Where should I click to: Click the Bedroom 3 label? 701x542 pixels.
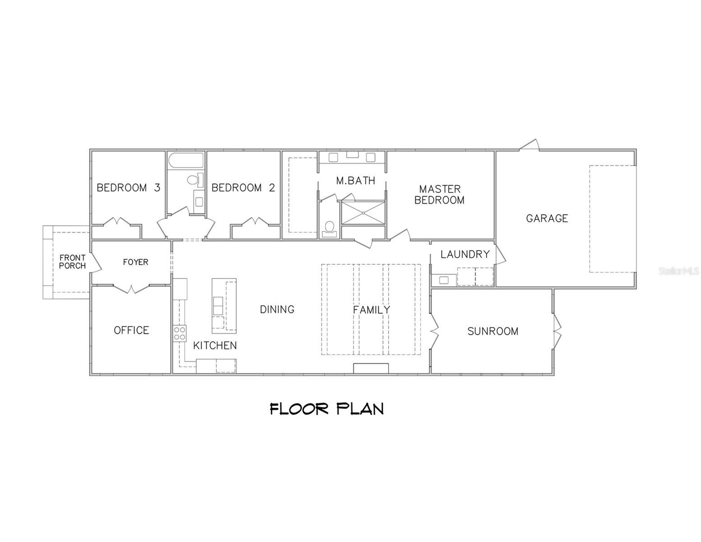click(128, 187)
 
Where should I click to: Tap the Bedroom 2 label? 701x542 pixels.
click(243, 187)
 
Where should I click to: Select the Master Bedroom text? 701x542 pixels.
click(439, 195)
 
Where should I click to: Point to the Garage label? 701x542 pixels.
click(547, 219)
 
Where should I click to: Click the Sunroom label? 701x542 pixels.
click(492, 332)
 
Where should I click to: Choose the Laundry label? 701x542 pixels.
click(465, 254)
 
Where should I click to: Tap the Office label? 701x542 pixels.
click(131, 330)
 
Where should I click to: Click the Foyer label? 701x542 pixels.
click(135, 262)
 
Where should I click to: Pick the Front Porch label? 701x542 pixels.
click(72, 262)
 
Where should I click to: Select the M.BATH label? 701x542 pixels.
click(355, 181)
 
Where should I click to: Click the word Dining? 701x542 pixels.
click(277, 309)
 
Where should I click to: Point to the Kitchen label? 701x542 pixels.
click(215, 346)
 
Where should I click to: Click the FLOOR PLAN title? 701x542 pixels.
click(327, 409)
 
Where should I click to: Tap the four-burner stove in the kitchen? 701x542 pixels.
click(180, 333)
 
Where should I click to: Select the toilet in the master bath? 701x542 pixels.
click(330, 228)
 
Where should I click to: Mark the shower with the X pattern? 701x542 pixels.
click(363, 213)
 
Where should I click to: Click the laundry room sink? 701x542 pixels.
click(444, 280)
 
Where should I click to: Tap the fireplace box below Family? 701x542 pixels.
click(371, 368)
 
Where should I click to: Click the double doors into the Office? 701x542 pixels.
click(131, 288)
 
